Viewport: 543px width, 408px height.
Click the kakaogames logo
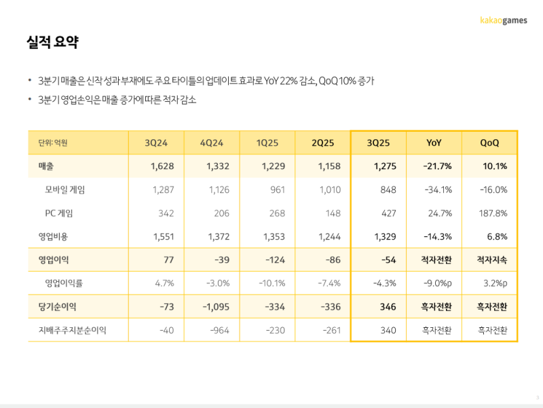pyautogui.click(x=503, y=20)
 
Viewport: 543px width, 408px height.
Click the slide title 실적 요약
pyautogui.click(x=53, y=43)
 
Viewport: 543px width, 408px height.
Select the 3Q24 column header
pyautogui.click(x=155, y=143)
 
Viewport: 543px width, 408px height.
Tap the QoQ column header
pyautogui.click(x=489, y=143)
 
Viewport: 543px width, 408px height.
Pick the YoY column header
pyautogui.click(x=434, y=143)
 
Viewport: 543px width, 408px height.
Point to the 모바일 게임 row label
pyautogui.click(x=65, y=189)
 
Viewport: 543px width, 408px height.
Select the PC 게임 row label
pyautogui.click(x=59, y=213)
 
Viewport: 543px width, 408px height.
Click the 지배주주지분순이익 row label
pyautogui.click(x=73, y=331)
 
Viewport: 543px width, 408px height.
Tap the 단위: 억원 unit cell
pyautogui.click(x=53, y=143)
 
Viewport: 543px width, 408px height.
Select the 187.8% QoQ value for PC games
pyautogui.click(x=493, y=213)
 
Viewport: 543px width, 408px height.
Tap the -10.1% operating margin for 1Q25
pyautogui.click(x=272, y=283)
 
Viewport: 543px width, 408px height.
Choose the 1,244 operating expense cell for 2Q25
pyautogui.click(x=328, y=236)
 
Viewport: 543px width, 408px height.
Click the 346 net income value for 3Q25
pyautogui.click(x=388, y=307)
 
